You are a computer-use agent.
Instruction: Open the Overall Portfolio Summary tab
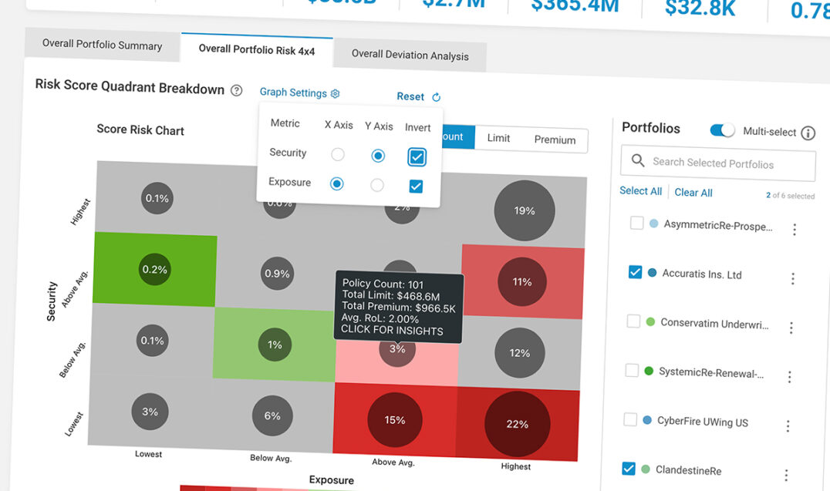pos(102,45)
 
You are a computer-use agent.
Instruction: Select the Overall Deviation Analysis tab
pos(410,55)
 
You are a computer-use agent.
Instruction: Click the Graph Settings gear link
pos(299,92)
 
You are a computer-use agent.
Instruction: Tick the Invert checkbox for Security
pos(417,157)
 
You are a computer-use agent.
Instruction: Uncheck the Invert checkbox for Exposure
pos(416,186)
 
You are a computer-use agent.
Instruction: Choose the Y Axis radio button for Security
pos(378,156)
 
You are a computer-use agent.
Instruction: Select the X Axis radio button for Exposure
pos(337,184)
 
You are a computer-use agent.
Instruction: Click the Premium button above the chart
pos(555,140)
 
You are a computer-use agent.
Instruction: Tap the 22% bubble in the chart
pos(517,424)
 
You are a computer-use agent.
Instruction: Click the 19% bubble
pos(525,210)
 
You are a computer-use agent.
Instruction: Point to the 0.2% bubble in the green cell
pos(155,270)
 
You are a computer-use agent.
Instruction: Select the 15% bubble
pos(395,420)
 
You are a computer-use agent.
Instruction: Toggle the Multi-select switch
pos(723,130)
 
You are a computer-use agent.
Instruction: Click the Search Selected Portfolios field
pos(717,163)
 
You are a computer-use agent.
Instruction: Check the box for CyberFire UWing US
pos(630,420)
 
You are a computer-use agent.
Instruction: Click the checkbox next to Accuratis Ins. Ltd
pos(635,272)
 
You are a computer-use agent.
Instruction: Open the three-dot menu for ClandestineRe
pos(786,476)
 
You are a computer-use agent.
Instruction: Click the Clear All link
pos(693,192)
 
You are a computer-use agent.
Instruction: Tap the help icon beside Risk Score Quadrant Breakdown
pos(237,90)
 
